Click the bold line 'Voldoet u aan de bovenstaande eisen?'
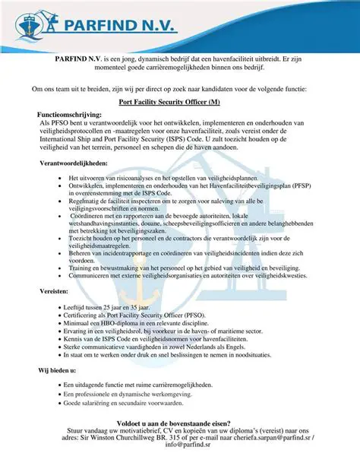(180, 422)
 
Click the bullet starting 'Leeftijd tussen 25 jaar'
(112, 304)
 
